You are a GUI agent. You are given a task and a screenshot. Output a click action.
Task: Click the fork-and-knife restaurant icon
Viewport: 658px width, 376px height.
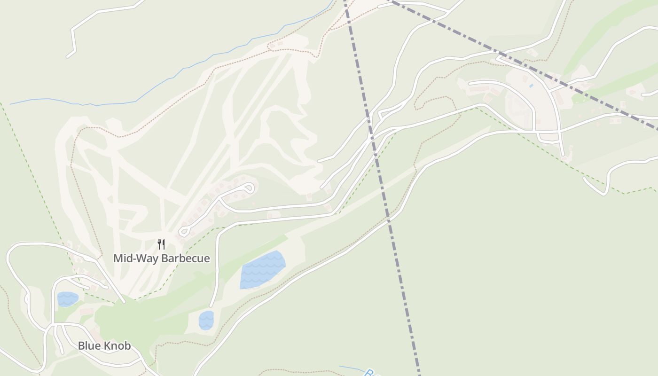[161, 244]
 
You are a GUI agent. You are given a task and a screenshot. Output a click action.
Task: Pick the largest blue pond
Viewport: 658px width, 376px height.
[262, 270]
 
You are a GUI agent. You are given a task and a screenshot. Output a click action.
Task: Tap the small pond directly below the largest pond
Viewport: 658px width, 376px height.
[206, 320]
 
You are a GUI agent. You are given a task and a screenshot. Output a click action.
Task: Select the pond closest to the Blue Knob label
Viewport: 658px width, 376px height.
[67, 299]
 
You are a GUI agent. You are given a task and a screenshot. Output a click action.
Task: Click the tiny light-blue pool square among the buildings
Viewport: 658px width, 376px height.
[531, 86]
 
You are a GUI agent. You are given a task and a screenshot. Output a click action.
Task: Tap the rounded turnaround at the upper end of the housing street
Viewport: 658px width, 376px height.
[250, 188]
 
